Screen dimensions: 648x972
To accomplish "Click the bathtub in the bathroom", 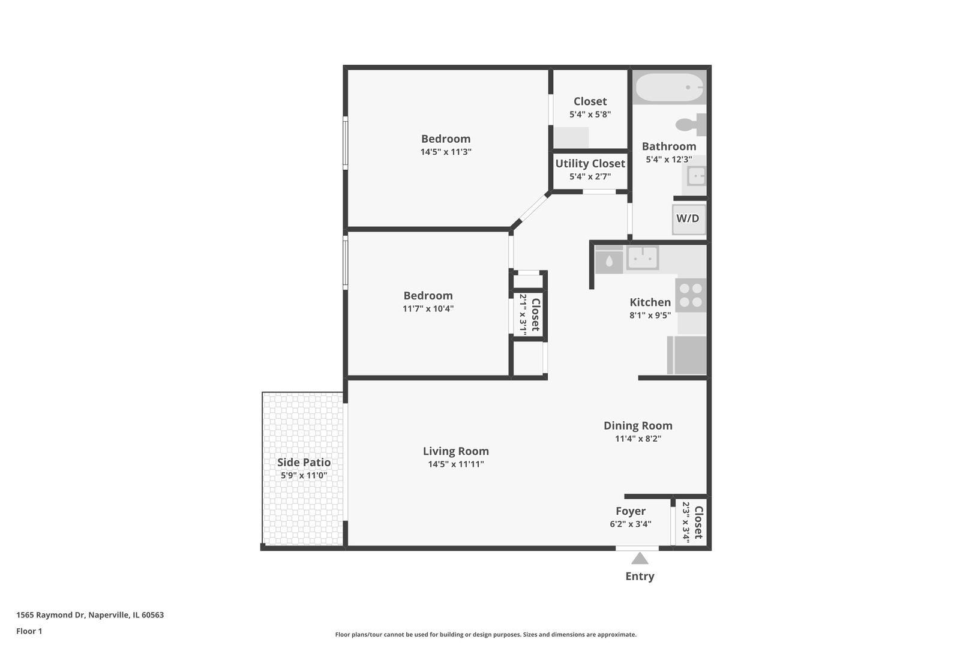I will tap(670, 88).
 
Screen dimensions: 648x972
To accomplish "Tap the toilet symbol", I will tap(690, 125).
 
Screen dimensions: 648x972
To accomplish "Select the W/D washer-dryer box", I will tap(688, 219).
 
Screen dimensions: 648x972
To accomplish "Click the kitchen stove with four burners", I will tap(691, 295).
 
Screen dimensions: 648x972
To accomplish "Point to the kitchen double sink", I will tap(643, 258).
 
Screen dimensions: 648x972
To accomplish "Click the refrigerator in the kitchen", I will tap(687, 355).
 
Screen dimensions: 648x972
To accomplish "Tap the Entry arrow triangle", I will tap(640, 559).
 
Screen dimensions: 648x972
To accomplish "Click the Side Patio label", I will tap(304, 463).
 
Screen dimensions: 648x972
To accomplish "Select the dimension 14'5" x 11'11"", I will tap(455, 464).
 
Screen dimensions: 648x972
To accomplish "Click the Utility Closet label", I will tap(590, 164).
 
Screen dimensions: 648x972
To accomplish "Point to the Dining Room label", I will tap(638, 426).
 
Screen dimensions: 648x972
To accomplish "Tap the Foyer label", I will tap(630, 511).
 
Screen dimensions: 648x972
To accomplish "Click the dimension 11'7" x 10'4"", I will tap(428, 309).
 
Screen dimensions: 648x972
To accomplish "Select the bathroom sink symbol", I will tap(696, 176).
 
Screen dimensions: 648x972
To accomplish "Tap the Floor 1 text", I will tap(29, 631).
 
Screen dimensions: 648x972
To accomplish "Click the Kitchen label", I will tap(650, 302).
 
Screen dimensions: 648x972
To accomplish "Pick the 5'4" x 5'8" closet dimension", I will tap(590, 115).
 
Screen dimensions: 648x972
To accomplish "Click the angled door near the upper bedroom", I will tap(531, 209).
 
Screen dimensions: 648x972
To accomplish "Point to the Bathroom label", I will tap(668, 146).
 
